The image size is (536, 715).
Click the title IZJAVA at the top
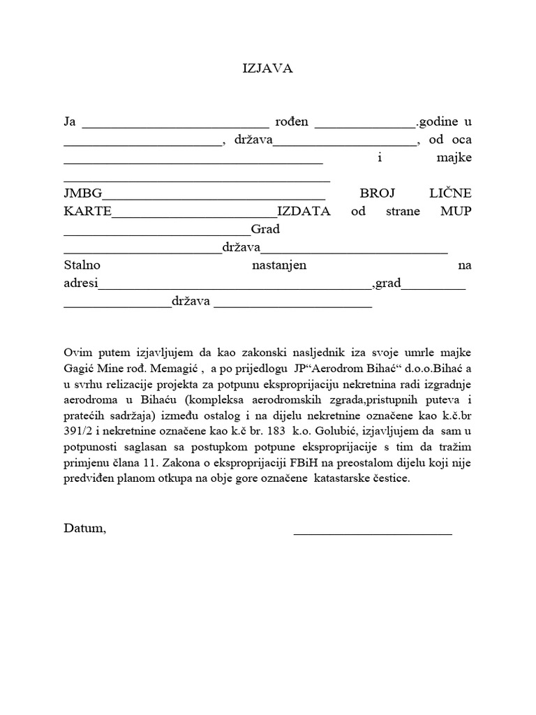click(x=267, y=68)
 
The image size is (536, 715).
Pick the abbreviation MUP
click(x=456, y=212)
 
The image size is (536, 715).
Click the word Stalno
click(x=82, y=266)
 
